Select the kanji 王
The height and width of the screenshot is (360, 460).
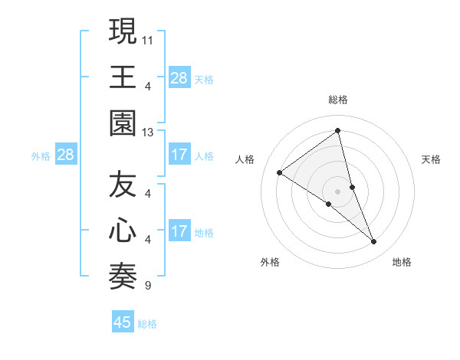pos(123,77)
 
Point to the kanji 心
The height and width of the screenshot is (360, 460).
pos(123,231)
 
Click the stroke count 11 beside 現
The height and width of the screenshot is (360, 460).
pos(148,38)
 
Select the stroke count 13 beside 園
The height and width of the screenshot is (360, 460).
pos(148,132)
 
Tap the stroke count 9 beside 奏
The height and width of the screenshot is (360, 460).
pos(147,286)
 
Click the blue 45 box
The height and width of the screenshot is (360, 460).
pos(123,322)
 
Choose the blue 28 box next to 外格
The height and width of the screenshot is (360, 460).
pos(66,155)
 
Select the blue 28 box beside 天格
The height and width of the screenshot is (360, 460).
pos(179,78)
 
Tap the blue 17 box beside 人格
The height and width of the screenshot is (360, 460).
pos(179,155)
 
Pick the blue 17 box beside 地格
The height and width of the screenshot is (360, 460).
pos(179,232)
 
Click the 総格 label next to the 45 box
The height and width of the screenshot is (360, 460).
pos(147,324)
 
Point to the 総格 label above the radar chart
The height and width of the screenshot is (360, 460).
pos(338,100)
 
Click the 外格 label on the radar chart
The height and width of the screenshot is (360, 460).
pos(270,262)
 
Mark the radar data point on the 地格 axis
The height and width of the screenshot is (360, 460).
pos(374,242)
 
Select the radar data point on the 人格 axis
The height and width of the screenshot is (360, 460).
pos(280,172)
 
